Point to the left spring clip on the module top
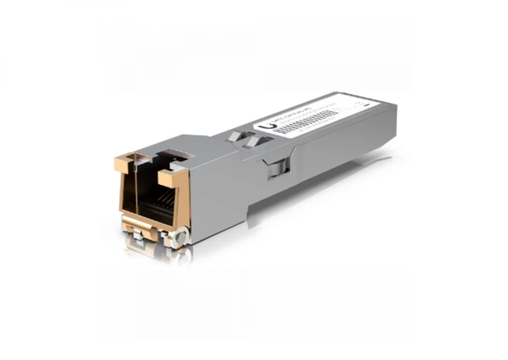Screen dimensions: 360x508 click(233, 137)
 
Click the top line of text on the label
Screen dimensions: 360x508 click(295, 112)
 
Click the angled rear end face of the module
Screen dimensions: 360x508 click(390, 127)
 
